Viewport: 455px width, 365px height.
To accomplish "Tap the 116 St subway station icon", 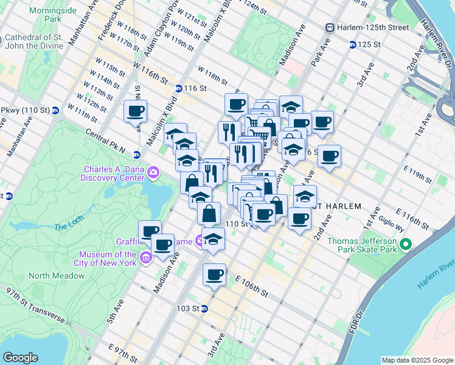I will tap(179, 88).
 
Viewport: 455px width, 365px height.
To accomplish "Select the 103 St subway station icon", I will tap(204, 308).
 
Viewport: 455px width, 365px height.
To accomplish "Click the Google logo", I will tap(21, 357).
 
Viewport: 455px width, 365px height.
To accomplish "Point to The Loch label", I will tap(68, 228).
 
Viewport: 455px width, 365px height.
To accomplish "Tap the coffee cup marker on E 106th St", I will tap(214, 275).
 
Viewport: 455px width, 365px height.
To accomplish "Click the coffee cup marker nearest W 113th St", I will tap(135, 111).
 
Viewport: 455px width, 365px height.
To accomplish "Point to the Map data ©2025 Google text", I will tap(417, 360).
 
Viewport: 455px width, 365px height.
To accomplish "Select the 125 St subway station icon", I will tap(352, 44).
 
